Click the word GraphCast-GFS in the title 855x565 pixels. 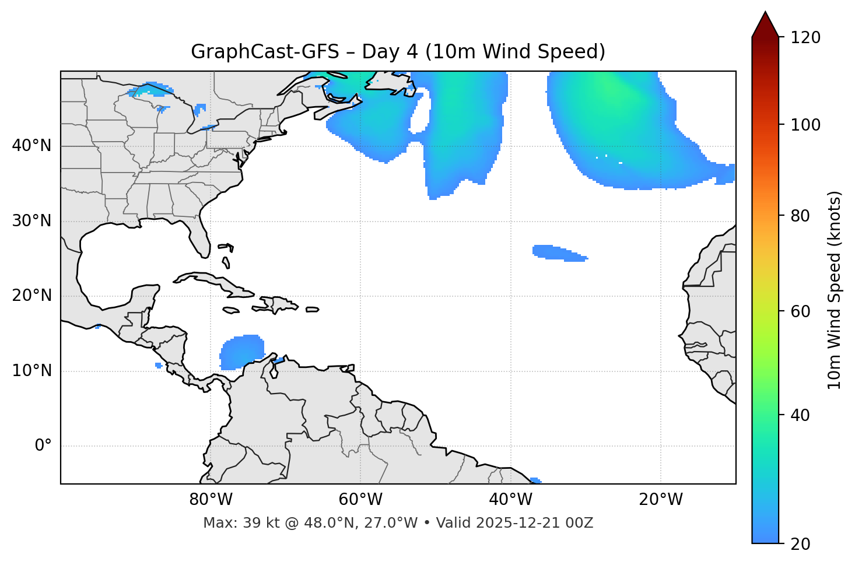pos(265,52)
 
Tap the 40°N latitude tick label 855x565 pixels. pos(31,146)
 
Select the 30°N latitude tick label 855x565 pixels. pos(31,221)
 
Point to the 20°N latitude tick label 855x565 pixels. pos(31,296)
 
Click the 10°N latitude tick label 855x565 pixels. pos(31,371)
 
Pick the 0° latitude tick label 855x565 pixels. pos(43,446)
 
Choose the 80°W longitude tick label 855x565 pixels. pos(211,500)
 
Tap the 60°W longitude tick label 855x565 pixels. pos(360,500)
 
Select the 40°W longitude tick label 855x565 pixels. pos(510,500)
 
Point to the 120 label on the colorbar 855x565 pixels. pos(805,38)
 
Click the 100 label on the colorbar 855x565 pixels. pos(805,125)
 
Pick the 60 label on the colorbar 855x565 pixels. pos(801,311)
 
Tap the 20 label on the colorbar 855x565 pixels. pos(801,544)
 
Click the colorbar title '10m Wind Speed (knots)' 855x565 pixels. pos(835,290)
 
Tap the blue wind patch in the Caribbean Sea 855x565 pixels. pos(240,352)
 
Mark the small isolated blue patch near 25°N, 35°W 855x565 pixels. pos(557,252)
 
